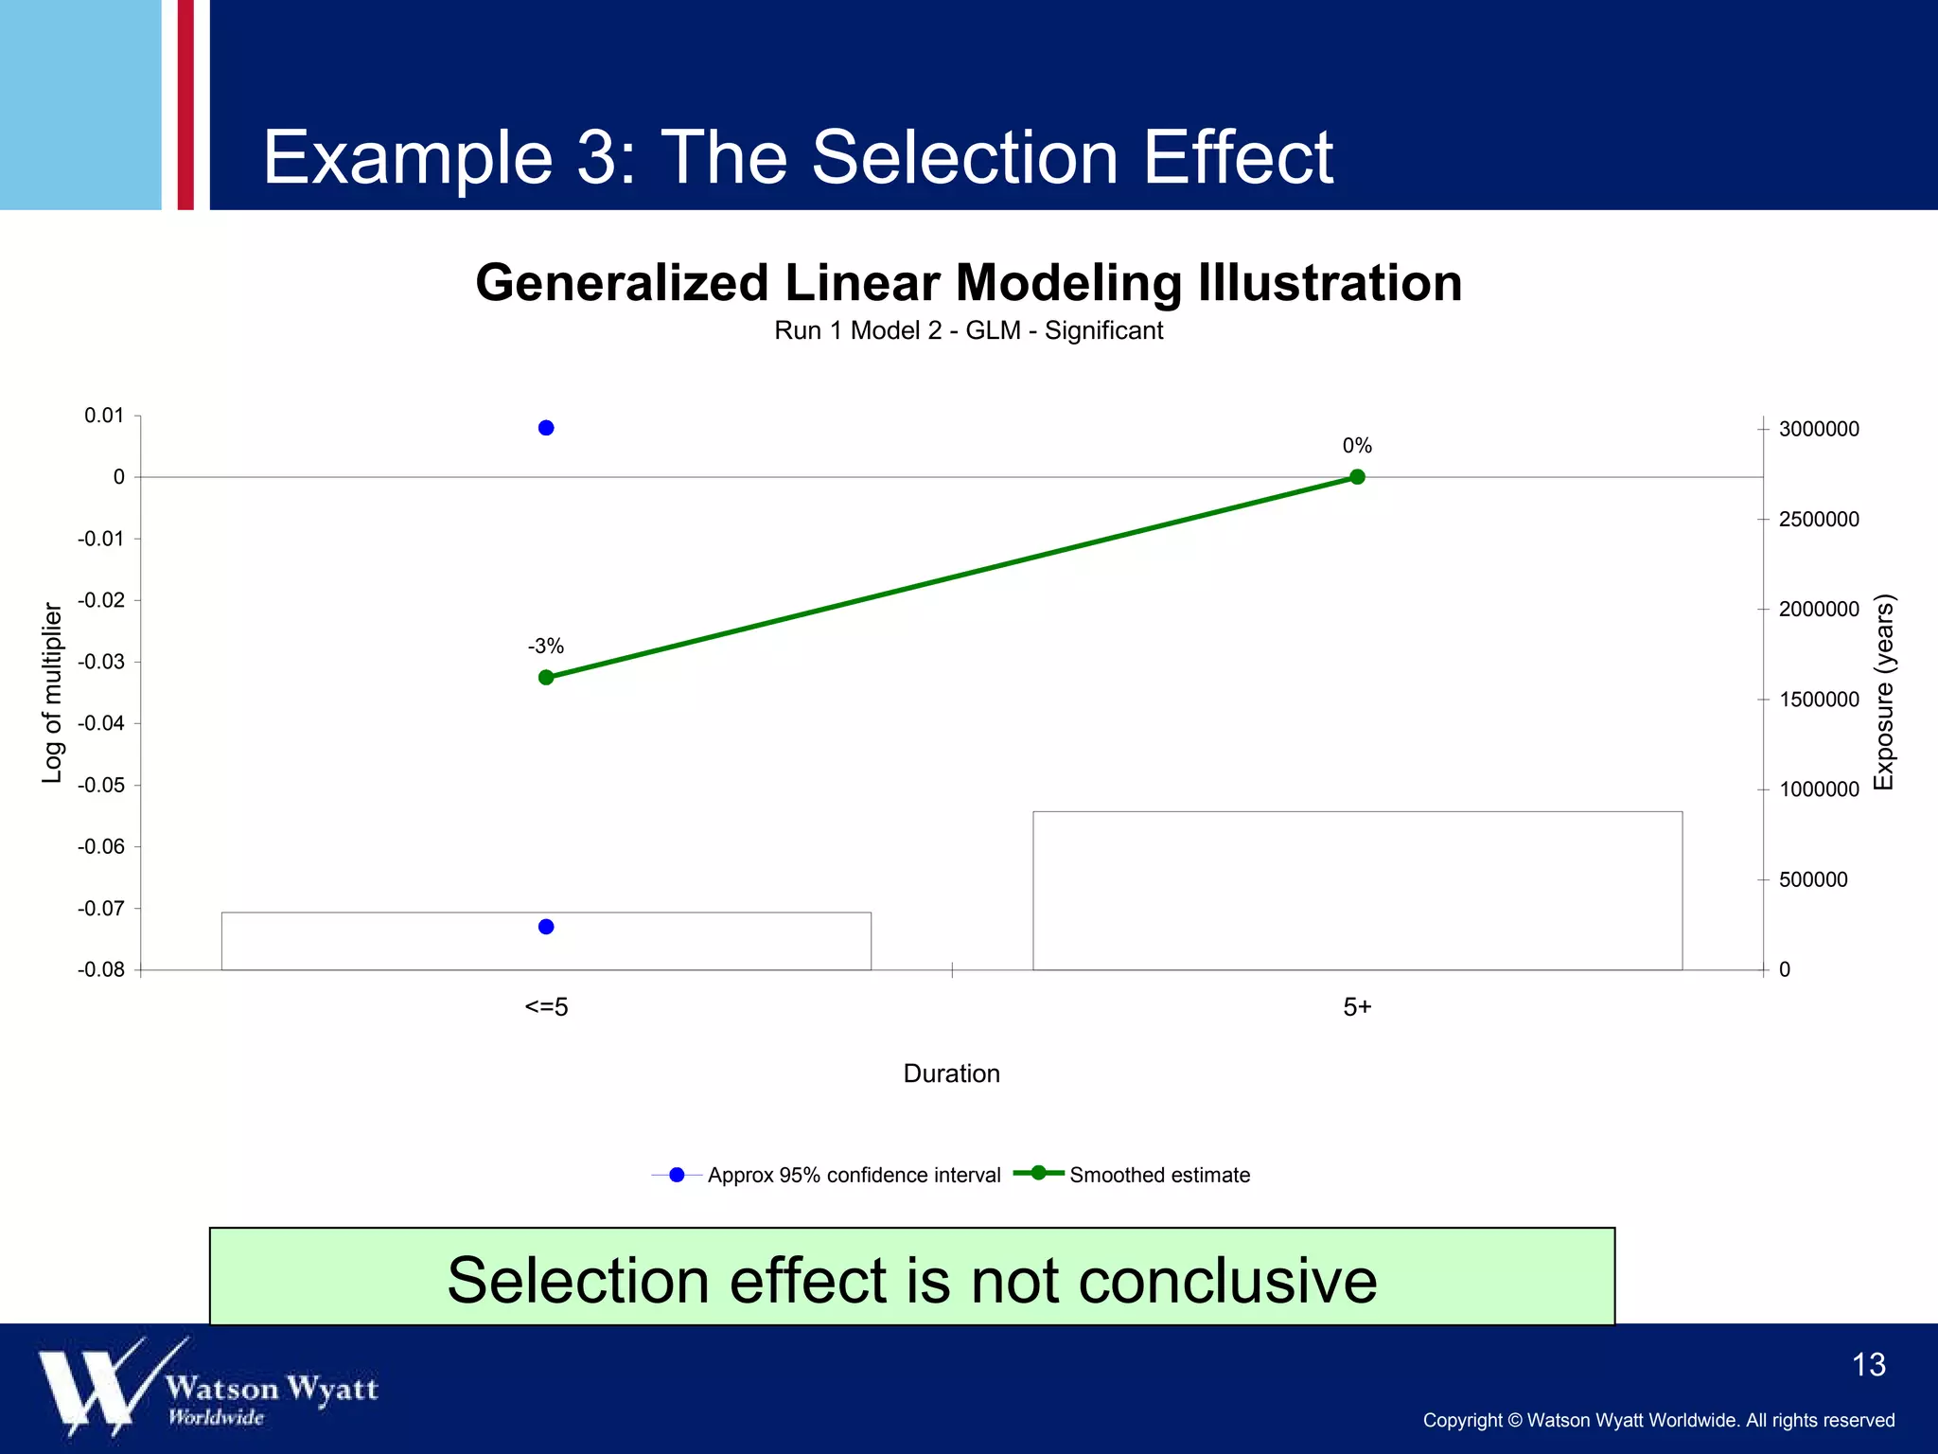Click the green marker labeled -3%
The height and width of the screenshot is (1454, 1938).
(546, 678)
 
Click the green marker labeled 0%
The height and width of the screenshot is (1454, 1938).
(1357, 477)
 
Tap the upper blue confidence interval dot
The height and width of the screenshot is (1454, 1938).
(546, 428)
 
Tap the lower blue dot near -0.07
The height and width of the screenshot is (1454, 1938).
(546, 927)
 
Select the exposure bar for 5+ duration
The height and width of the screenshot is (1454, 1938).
(1357, 890)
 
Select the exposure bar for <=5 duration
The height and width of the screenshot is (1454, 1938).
(546, 942)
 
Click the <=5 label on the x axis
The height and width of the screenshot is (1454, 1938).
(546, 1007)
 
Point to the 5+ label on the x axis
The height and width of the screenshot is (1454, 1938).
(1357, 1007)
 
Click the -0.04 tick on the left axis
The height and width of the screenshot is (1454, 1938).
(101, 724)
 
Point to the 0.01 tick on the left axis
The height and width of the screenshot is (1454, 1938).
(104, 416)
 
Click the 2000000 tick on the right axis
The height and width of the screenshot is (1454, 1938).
(1818, 610)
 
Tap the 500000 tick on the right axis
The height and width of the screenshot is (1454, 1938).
(1812, 880)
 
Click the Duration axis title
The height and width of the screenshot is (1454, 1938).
(951, 1073)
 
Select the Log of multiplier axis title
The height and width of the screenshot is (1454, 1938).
(53, 693)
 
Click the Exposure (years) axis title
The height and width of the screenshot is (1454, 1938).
(1884, 693)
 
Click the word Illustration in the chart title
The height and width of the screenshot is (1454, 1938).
(1330, 283)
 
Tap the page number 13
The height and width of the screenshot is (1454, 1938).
(1868, 1365)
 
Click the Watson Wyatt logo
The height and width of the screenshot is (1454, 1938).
(208, 1387)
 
